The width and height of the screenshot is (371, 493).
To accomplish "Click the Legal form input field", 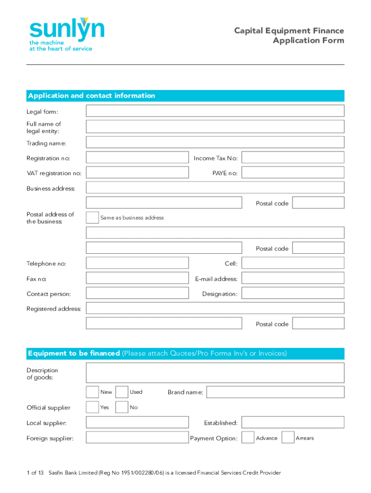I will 215,111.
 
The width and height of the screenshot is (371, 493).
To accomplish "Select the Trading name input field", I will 215,143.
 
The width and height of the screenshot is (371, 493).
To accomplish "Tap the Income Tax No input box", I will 292,157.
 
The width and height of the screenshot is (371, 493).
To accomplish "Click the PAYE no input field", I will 292,172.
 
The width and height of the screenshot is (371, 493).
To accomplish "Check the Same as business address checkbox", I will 92,218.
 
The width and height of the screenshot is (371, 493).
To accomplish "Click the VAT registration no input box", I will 137,172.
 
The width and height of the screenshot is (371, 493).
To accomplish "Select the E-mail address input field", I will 292,278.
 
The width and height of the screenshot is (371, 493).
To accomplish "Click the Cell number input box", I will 292,263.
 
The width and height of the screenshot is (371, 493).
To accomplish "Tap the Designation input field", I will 292,293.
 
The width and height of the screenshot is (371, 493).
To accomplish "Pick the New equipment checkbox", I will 92,392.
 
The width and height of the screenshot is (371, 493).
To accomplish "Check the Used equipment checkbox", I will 122,392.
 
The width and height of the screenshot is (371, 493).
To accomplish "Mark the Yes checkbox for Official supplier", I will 92,407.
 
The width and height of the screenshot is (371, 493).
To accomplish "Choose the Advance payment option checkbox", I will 248,438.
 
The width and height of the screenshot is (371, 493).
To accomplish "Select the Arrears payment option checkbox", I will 288,438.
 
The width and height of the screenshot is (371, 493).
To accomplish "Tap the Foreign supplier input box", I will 137,438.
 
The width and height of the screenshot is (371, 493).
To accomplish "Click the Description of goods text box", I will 215,373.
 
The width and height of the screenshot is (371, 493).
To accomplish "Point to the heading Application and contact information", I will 92,96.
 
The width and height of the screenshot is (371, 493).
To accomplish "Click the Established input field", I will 292,422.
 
